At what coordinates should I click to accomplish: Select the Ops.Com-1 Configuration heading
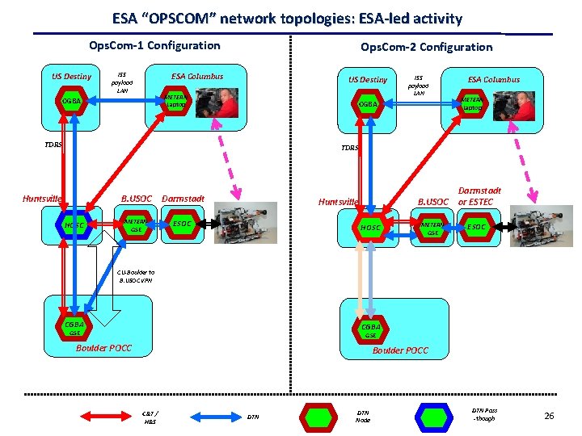154,46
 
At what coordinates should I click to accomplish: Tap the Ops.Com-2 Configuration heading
426,47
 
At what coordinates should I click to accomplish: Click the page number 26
549,416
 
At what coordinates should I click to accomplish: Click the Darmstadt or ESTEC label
480,196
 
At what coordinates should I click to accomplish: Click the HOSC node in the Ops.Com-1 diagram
75,224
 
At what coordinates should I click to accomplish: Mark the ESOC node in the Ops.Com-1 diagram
183,223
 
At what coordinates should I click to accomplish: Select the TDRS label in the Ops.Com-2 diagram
349,149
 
